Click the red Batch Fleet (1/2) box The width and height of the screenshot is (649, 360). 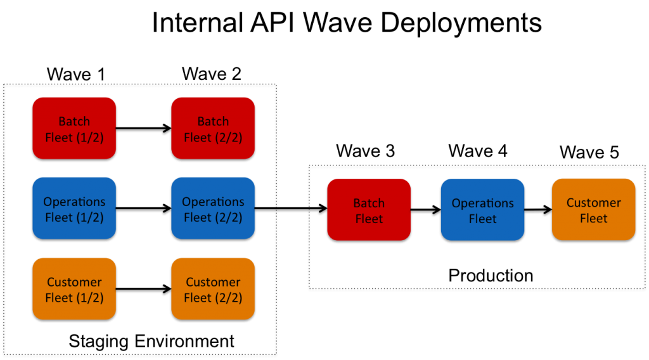pyautogui.click(x=74, y=128)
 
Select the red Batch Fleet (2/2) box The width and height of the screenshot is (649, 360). pyautogui.click(x=213, y=128)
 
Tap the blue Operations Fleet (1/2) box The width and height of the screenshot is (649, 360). pyautogui.click(x=74, y=209)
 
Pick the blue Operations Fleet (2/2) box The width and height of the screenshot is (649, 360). pyautogui.click(x=213, y=209)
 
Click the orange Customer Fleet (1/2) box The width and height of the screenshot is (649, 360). pyautogui.click(x=74, y=289)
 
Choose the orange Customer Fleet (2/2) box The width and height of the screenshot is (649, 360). pyautogui.click(x=213, y=289)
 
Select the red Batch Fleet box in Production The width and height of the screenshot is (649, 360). pyautogui.click(x=369, y=210)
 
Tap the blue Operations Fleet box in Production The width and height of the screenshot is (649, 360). pyautogui.click(x=482, y=210)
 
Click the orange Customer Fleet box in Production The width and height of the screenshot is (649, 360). pyautogui.click(x=593, y=209)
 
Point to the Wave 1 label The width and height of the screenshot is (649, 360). pyautogui.click(x=76, y=75)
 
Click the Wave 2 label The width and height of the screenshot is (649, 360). pyautogui.click(x=212, y=74)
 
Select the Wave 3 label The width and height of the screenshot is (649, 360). pyautogui.click(x=366, y=151)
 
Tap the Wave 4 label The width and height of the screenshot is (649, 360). pyautogui.click(x=478, y=151)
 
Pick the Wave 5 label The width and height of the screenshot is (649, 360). pyautogui.click(x=589, y=152)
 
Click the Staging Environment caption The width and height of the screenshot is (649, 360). pyautogui.click(x=151, y=342)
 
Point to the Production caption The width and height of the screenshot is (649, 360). pyautogui.click(x=491, y=276)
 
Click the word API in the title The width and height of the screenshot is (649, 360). pyautogui.click(x=272, y=22)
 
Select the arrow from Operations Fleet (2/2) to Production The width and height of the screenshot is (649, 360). pyautogui.click(x=291, y=209)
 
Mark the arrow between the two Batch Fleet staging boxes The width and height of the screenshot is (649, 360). pyautogui.click(x=144, y=128)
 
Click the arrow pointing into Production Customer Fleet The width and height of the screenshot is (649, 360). pyautogui.click(x=538, y=210)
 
